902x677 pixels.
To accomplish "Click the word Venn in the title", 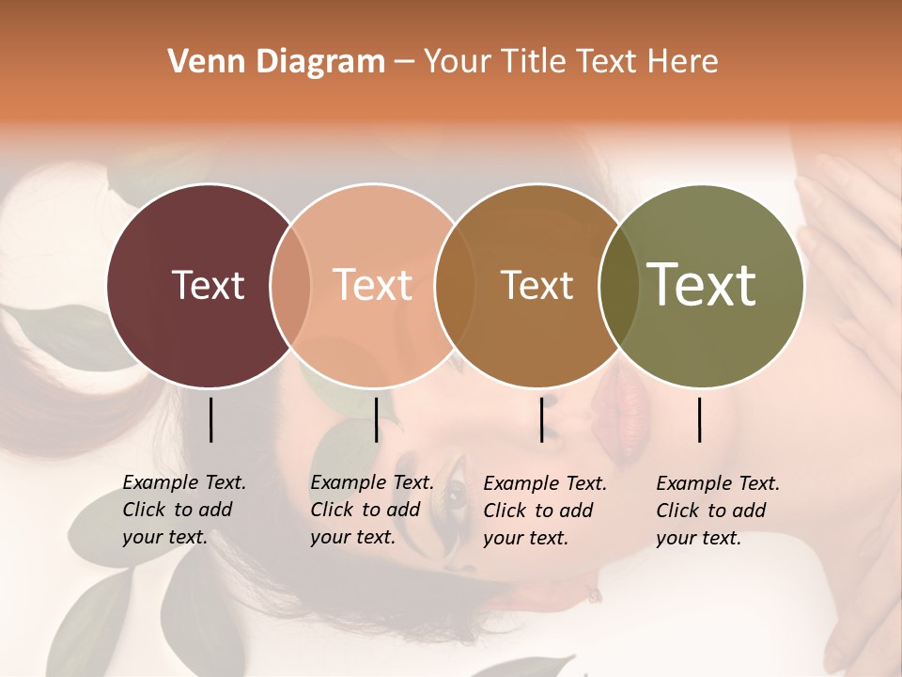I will click(x=199, y=62).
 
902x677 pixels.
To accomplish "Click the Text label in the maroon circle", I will click(x=208, y=285).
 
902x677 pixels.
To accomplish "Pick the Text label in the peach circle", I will click(x=373, y=285).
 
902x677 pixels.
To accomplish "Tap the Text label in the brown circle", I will click(x=537, y=285).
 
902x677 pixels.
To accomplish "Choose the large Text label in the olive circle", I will click(x=702, y=285).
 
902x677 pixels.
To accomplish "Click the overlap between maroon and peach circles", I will click(x=290, y=286).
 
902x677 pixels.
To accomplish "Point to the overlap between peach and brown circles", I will click(x=454, y=286).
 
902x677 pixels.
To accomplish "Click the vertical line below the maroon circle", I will click(x=210, y=419).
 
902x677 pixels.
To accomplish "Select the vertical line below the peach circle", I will click(x=376, y=419).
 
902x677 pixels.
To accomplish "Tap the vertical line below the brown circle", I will click(x=541, y=419).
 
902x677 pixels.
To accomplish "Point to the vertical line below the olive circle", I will click(x=699, y=419).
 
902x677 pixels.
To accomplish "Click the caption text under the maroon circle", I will click(x=183, y=510).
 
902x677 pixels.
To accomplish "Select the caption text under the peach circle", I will click(x=371, y=510).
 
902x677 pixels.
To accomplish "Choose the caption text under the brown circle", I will click(x=544, y=511).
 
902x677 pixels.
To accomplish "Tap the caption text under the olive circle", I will click(x=717, y=511).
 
